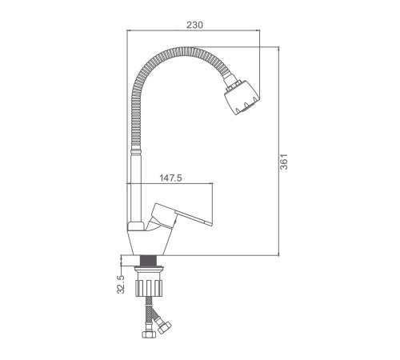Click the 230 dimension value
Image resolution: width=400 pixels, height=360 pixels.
click(x=194, y=25)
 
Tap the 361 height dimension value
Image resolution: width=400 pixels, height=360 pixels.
click(x=284, y=162)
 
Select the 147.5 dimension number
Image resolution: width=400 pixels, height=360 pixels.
click(x=170, y=178)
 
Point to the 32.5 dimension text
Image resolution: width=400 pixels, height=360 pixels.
click(x=121, y=285)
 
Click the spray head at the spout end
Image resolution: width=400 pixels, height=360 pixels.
click(x=242, y=98)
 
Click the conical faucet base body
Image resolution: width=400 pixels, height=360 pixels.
click(x=149, y=242)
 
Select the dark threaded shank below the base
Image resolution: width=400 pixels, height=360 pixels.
click(x=148, y=261)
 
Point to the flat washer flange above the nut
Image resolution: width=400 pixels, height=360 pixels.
click(x=149, y=267)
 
